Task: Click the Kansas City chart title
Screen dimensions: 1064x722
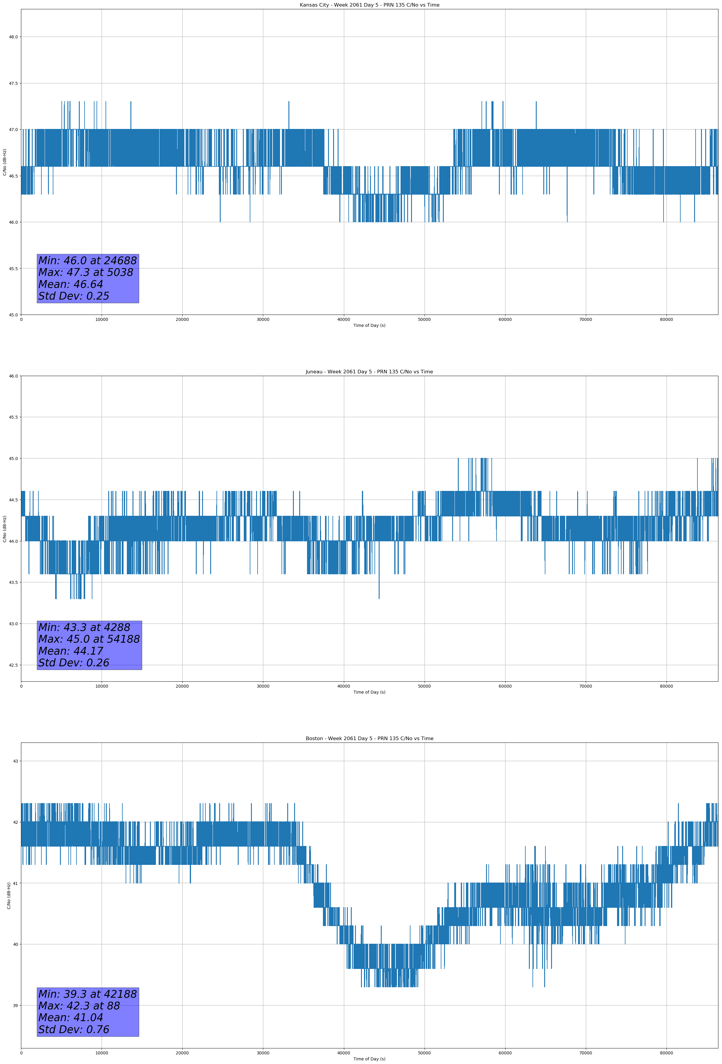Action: tap(369, 5)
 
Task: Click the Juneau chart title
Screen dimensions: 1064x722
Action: tap(369, 372)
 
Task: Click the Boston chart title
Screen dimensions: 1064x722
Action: tap(369, 739)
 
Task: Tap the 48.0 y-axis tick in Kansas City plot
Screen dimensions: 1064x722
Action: tap(13, 37)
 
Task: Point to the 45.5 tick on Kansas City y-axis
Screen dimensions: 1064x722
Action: tap(13, 269)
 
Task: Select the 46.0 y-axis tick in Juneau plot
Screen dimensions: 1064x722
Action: tap(13, 376)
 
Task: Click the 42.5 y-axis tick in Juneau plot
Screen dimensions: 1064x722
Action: tap(13, 665)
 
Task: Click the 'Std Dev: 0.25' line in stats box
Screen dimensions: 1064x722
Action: tap(74, 296)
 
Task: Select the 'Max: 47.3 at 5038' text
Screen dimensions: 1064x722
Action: tap(86, 272)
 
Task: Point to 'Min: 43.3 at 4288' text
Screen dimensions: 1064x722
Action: tap(84, 627)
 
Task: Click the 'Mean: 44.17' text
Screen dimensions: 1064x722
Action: tap(71, 651)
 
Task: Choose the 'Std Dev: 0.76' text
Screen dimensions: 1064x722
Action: tap(74, 1030)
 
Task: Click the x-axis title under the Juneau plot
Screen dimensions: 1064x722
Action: tap(369, 692)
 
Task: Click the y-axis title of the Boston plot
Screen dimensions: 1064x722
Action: tap(9, 895)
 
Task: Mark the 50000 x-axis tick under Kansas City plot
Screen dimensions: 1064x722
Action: tap(424, 320)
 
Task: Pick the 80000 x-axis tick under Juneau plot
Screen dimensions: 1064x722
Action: tap(666, 686)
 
